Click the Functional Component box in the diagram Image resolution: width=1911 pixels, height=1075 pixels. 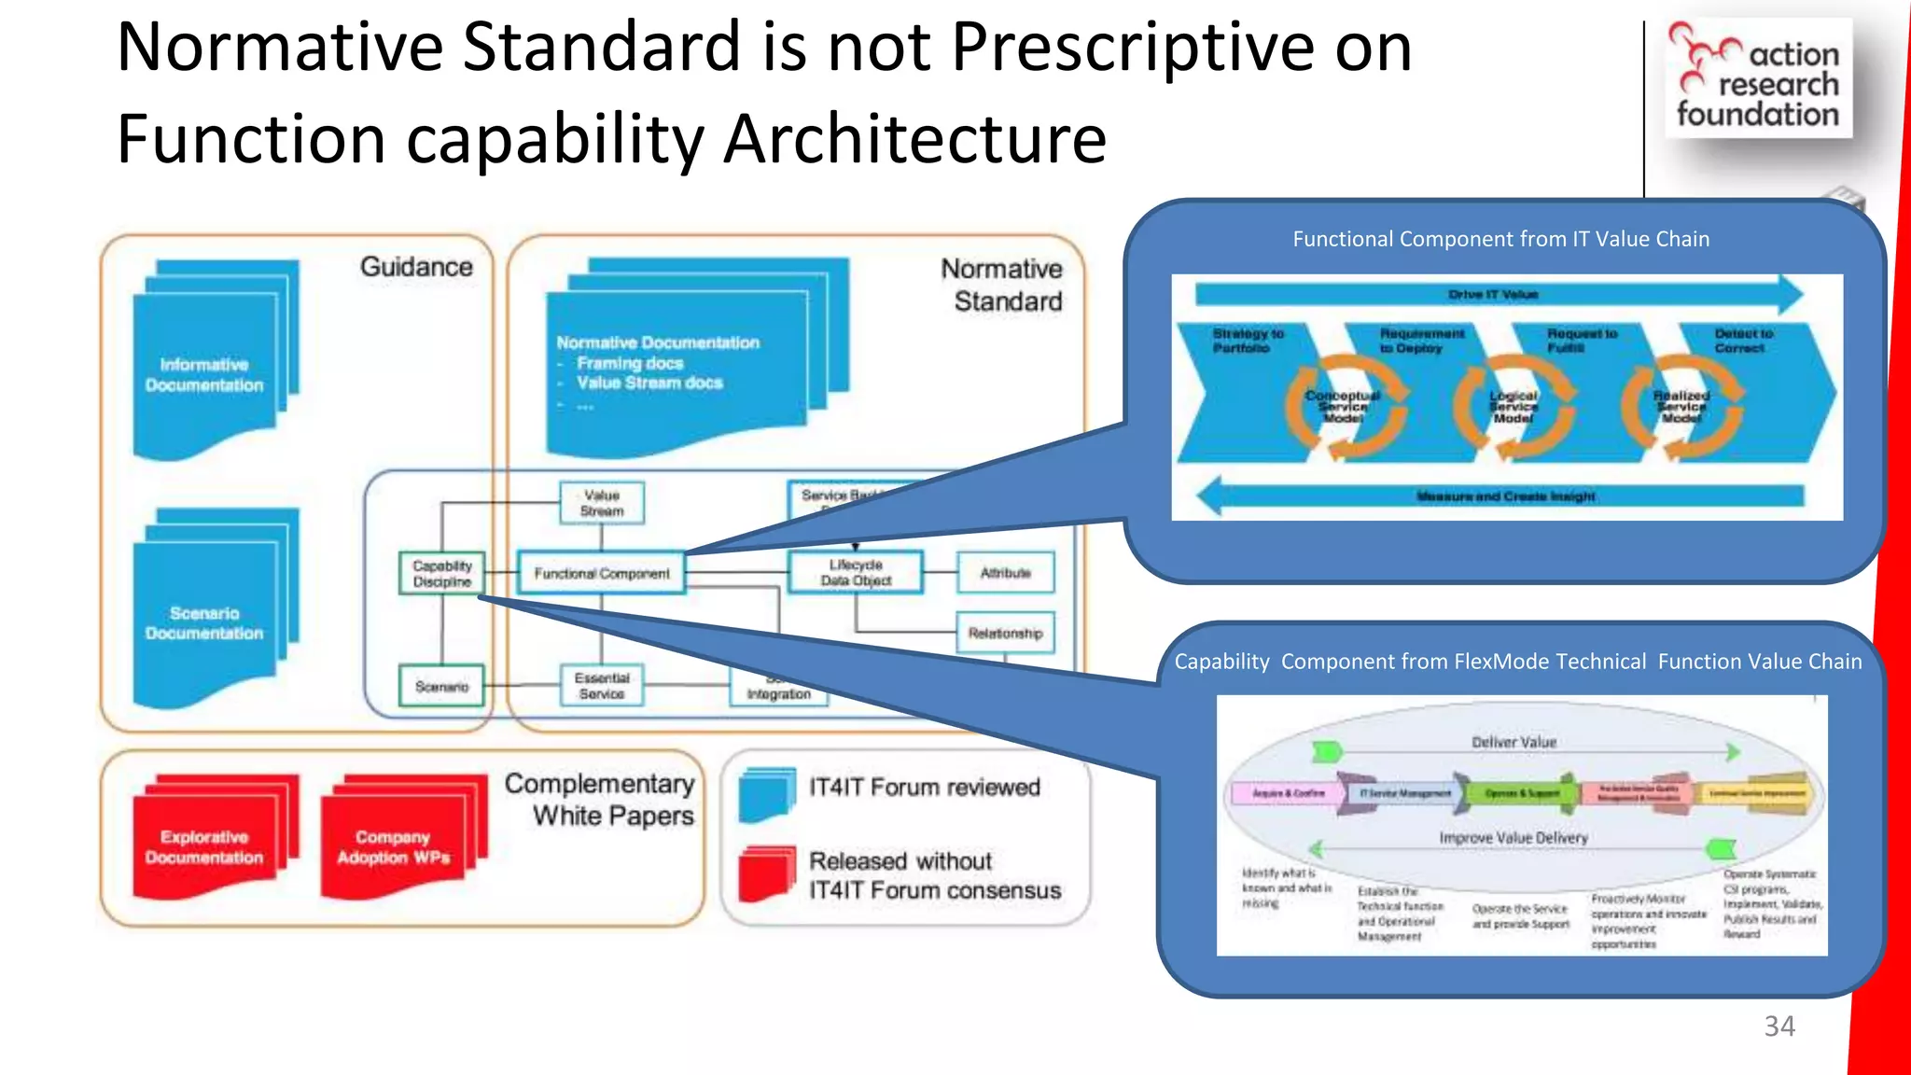pyautogui.click(x=602, y=573)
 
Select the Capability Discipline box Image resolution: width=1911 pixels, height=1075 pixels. pyautogui.click(x=442, y=573)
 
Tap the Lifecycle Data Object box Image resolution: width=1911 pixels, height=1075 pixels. pyautogui.click(x=856, y=572)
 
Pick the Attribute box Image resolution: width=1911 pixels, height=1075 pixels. pyautogui.click(x=1005, y=572)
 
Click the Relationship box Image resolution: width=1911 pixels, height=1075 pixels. pyautogui.click(x=1005, y=633)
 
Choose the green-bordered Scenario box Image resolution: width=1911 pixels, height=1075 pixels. pyautogui.click(x=441, y=686)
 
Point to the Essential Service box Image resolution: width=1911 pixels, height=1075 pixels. pyautogui.click(x=602, y=686)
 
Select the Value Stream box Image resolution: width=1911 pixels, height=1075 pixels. pyautogui.click(x=602, y=503)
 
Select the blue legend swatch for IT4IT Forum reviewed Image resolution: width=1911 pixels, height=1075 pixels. pyautogui.click(x=766, y=794)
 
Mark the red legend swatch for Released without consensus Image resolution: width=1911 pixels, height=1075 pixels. pyautogui.click(x=766, y=873)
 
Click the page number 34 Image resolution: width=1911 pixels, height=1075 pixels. pyautogui.click(x=1778, y=1026)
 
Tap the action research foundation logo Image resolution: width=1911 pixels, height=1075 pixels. pyautogui.click(x=1758, y=78)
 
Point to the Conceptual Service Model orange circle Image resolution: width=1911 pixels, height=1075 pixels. pyautogui.click(x=1344, y=407)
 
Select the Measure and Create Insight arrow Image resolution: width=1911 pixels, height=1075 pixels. pyautogui.click(x=1502, y=496)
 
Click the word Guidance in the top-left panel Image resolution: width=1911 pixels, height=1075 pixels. pyautogui.click(x=416, y=267)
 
